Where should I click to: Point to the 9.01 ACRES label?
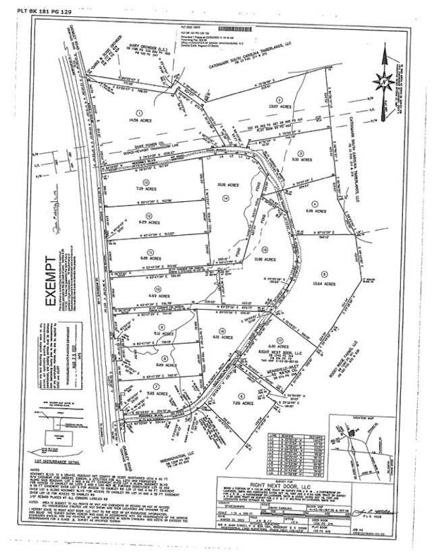point(303,161)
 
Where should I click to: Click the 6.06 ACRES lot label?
point(313,211)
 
